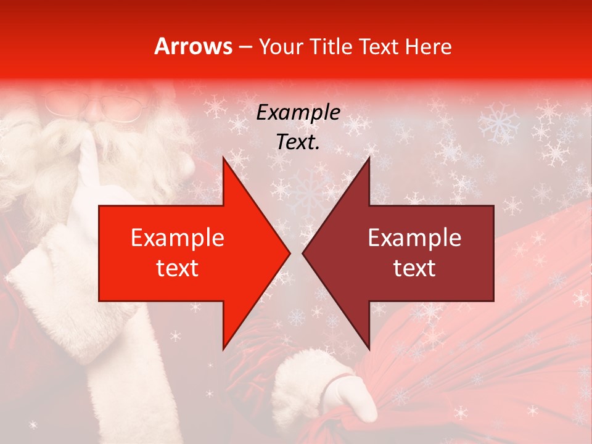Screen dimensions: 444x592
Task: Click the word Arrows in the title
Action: (193, 46)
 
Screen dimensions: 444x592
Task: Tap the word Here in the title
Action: (428, 46)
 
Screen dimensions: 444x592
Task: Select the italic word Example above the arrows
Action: (298, 113)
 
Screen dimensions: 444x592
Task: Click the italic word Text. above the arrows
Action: (298, 142)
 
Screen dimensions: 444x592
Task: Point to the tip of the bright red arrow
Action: (289, 253)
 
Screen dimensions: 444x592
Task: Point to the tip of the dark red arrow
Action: (304, 253)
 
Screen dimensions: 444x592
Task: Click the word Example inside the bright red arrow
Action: (178, 238)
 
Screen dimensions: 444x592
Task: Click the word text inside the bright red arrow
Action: (178, 268)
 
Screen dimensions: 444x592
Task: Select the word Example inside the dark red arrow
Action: (414, 238)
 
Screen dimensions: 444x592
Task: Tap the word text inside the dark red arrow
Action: (414, 268)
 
